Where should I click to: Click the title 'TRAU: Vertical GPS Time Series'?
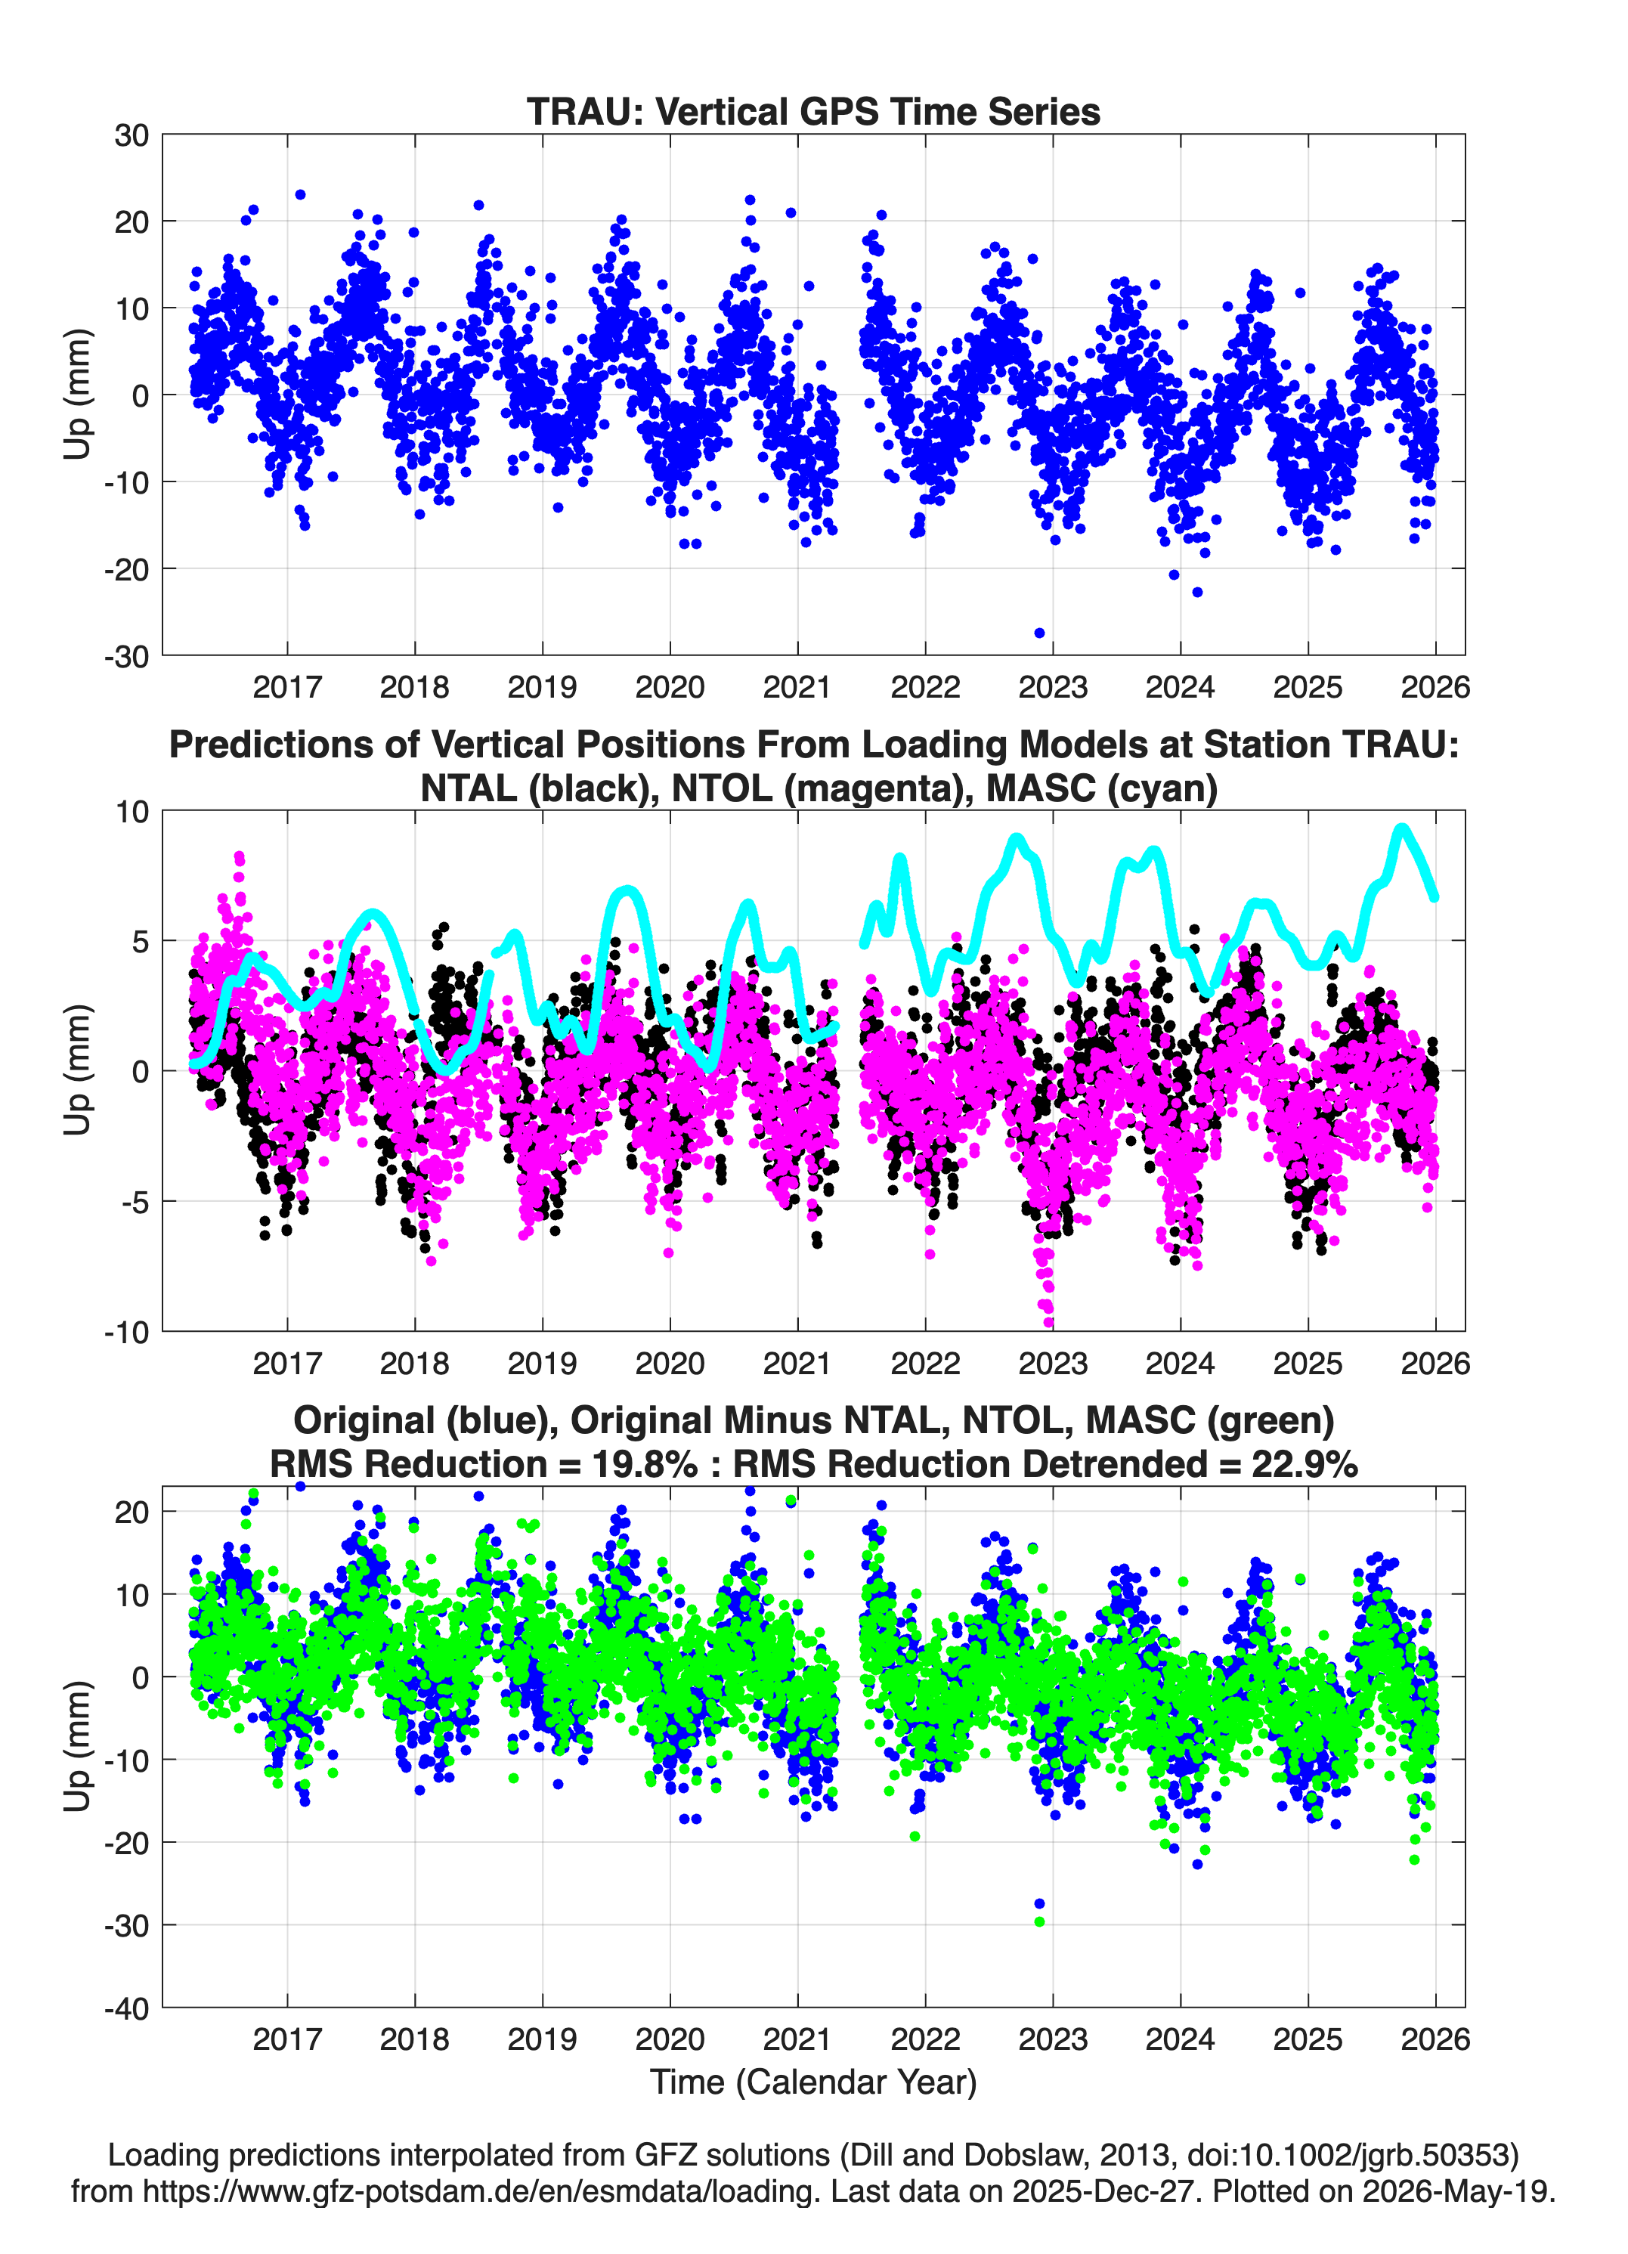(x=813, y=111)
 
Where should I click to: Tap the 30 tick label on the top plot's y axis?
(x=132, y=135)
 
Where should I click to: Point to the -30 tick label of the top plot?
(x=126, y=656)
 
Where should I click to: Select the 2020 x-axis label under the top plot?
(x=670, y=687)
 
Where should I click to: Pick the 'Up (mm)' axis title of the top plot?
(x=78, y=395)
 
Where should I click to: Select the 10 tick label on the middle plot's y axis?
(x=132, y=812)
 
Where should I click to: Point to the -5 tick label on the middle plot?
(x=132, y=1202)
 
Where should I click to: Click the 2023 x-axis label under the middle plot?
(x=1053, y=1363)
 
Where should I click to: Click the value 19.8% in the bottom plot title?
(x=645, y=1464)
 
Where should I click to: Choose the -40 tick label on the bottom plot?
(x=126, y=2008)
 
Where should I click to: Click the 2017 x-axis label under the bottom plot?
(x=287, y=2039)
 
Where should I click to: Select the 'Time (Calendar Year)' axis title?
(x=813, y=2081)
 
